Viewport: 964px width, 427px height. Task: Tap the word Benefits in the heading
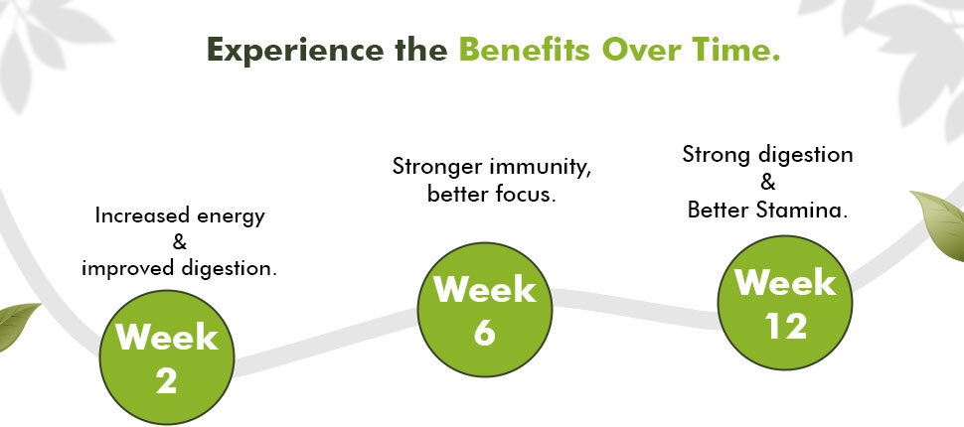tap(525, 49)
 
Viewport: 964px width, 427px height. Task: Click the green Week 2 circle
tap(167, 357)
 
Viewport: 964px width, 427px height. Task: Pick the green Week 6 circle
tap(484, 309)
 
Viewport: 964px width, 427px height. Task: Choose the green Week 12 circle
tap(785, 303)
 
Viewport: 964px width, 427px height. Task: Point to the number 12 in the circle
tap(786, 327)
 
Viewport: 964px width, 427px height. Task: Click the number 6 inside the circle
tap(484, 333)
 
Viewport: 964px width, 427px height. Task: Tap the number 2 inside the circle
tap(167, 381)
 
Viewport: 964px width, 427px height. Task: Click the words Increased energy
tap(180, 216)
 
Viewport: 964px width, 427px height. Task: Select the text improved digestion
tap(179, 268)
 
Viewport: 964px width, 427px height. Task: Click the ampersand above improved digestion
tap(180, 242)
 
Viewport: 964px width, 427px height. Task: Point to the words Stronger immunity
tap(492, 167)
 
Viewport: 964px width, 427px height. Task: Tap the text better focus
tap(492, 195)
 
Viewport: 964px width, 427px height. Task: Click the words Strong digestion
tap(768, 154)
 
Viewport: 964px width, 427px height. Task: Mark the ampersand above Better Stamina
tap(768, 183)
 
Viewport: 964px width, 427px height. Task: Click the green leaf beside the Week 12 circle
tap(939, 224)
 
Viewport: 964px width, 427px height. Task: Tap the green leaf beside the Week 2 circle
tap(17, 326)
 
